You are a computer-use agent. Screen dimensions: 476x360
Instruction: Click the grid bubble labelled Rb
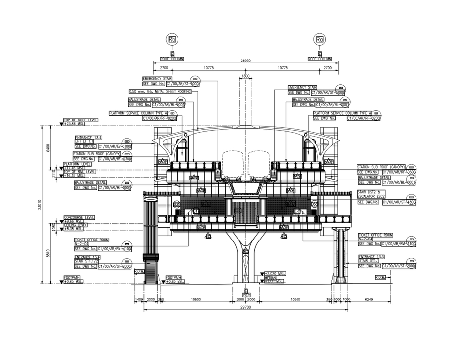[172, 39]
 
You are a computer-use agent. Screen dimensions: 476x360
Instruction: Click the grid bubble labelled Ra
[320, 39]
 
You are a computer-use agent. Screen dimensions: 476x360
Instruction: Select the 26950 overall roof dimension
[246, 61]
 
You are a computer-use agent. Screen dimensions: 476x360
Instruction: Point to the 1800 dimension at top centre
[245, 76]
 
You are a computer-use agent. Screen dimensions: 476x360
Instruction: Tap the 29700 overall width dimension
[246, 307]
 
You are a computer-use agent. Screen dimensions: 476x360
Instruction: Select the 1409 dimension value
[139, 300]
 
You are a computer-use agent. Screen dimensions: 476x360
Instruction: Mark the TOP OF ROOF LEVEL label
[81, 120]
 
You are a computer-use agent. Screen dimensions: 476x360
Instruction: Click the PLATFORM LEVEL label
[77, 164]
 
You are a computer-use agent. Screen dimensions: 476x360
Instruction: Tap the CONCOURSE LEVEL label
[79, 217]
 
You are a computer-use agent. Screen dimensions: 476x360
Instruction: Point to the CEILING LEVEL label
[76, 225]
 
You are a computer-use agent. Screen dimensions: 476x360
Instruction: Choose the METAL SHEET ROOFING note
[160, 92]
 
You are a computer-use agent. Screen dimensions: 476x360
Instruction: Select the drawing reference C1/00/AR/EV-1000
[115, 147]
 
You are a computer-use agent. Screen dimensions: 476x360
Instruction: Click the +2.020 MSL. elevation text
[275, 274]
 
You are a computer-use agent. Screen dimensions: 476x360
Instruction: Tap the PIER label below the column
[246, 295]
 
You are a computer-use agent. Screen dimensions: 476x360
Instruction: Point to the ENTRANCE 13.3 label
[369, 256]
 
